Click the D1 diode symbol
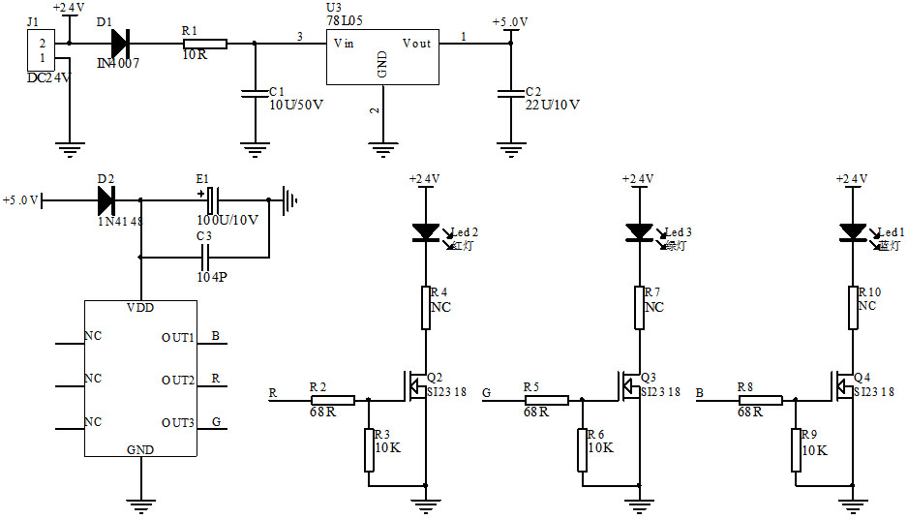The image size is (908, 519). pos(119,44)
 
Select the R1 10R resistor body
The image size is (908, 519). pos(204,44)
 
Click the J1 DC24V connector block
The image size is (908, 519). pos(42,51)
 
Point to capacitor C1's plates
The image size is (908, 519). pos(255,93)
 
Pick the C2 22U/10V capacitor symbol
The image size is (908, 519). pos(510,93)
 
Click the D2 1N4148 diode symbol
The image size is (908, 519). pos(106,200)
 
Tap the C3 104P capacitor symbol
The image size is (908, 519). pos(204,258)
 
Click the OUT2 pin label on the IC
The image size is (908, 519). pos(178,380)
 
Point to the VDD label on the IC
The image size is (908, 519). pos(140,308)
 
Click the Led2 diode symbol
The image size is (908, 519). pos(425,231)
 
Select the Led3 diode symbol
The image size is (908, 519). pos(639,231)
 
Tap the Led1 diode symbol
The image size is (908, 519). pos(853,231)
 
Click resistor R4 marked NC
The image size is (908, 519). pos(425,307)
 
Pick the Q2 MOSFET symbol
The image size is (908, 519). pos(417,386)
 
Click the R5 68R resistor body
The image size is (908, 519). pos(546,399)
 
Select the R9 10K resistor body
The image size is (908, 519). pos(797,449)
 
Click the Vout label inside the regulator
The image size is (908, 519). pos(417,44)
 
